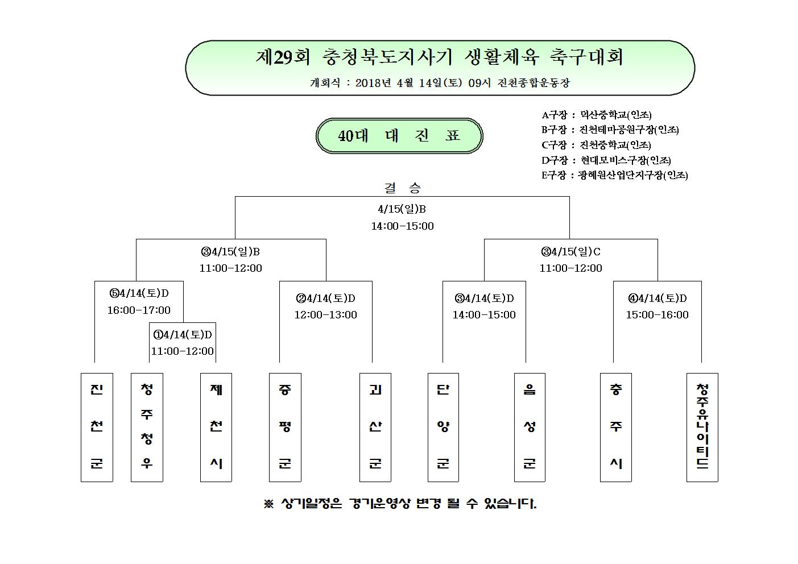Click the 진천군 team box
tap(97, 428)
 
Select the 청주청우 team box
tap(147, 428)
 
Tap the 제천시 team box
tap(216, 428)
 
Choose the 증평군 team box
tap(285, 428)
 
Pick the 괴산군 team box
tap(375, 428)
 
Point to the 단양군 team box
tap(443, 428)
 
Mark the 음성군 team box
tap(530, 428)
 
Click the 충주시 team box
tap(616, 428)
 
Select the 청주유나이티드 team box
tap(702, 428)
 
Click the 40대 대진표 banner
tap(399, 136)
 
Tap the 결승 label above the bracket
tap(402, 188)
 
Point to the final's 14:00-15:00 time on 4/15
tap(403, 226)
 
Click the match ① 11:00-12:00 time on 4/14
tap(183, 351)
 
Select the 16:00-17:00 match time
tap(139, 310)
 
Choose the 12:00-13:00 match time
tap(325, 315)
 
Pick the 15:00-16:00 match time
tap(658, 315)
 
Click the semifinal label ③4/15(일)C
tap(570, 252)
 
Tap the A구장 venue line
tap(597, 115)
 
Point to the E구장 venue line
tap(614, 175)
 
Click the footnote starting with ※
tap(400, 504)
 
